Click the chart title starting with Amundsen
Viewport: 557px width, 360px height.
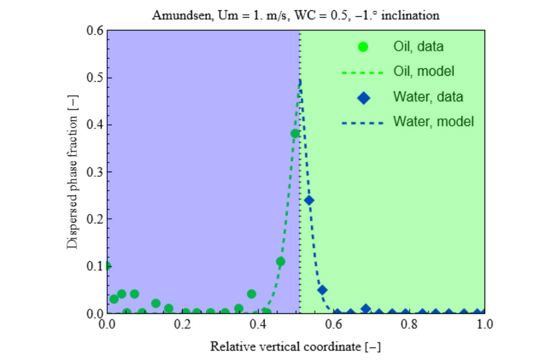point(295,15)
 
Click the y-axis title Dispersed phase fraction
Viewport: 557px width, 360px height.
point(72,172)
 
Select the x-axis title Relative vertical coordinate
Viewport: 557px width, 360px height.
point(295,347)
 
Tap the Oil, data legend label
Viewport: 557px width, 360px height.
point(418,47)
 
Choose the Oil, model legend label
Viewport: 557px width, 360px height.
point(423,72)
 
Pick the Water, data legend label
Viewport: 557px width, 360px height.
point(428,97)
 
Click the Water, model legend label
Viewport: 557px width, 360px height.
point(433,121)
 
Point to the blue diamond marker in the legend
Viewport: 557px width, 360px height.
point(363,97)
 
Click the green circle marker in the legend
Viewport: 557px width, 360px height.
point(363,47)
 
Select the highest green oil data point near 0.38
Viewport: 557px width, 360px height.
point(295,133)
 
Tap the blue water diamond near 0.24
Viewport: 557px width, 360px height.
point(309,200)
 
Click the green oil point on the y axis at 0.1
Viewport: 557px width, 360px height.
point(107,266)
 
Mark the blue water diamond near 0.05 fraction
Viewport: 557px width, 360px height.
point(322,290)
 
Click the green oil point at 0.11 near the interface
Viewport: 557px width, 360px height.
point(280,261)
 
